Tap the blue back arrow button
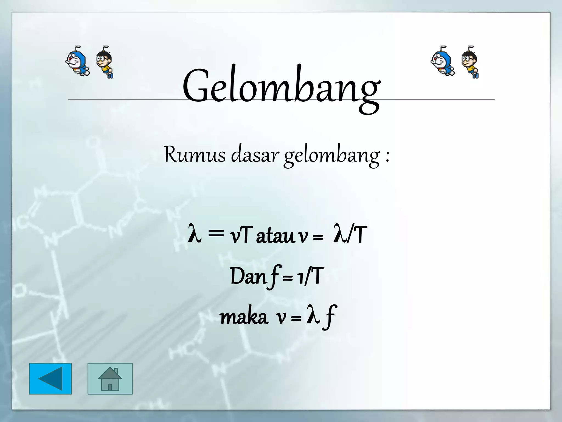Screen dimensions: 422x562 point(50,379)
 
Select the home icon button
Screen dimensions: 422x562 point(110,379)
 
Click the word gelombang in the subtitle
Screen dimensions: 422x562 point(332,155)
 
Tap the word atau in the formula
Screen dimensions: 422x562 point(275,236)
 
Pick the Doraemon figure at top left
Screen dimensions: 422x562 point(77,62)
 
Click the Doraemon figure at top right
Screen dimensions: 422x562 point(442,62)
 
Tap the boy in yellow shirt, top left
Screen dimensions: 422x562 point(105,63)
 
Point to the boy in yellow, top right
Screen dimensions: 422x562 point(470,63)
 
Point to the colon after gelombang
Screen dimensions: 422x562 point(387,157)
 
